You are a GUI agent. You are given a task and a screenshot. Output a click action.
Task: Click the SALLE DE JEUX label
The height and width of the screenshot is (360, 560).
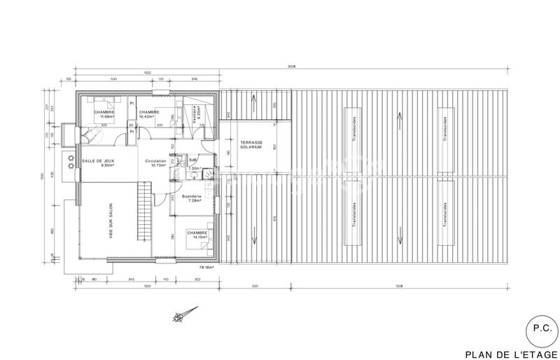(x=97, y=162)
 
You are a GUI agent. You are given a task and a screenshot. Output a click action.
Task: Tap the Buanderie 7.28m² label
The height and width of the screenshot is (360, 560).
(x=191, y=199)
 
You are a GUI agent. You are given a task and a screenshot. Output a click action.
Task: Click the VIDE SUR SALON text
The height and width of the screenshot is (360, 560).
(x=111, y=223)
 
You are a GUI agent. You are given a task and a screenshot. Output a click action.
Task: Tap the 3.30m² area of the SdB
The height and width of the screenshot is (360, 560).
(x=194, y=169)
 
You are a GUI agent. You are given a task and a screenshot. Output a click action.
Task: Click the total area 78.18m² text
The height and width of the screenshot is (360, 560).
(x=206, y=267)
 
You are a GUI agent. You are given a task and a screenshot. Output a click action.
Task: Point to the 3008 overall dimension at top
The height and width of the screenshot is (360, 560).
(x=291, y=67)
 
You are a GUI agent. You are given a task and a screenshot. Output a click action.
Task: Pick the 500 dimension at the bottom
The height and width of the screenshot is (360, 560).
(x=255, y=286)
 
